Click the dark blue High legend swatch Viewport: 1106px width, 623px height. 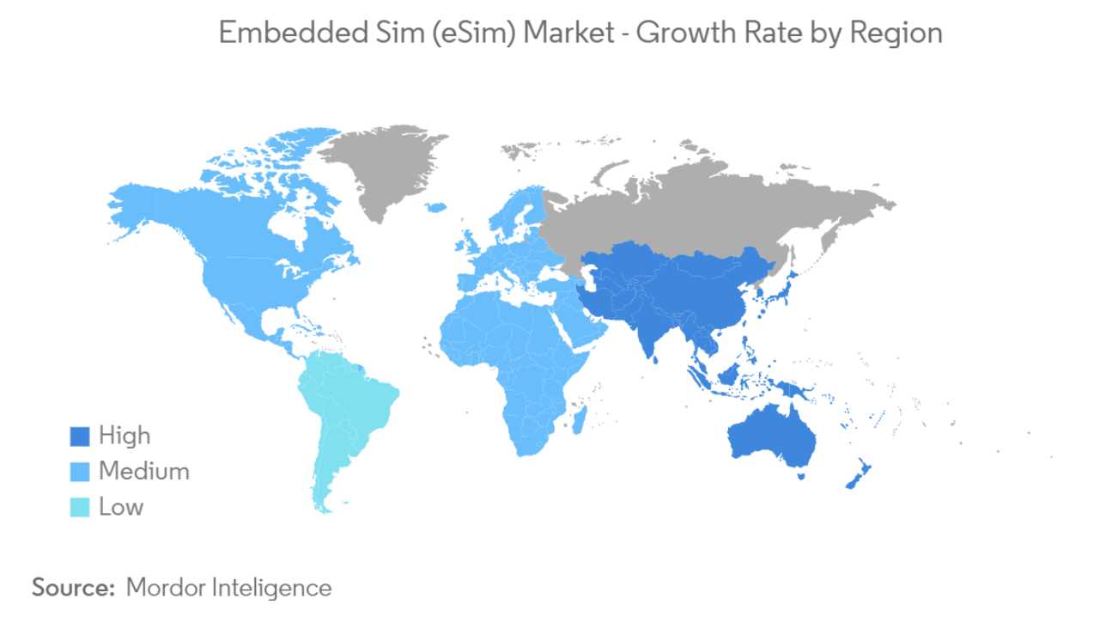coord(79,437)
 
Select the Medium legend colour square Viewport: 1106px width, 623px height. coord(79,472)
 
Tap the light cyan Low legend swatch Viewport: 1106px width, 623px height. coord(79,507)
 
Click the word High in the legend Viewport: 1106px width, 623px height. coord(125,436)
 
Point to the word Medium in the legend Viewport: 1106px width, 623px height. coord(143,471)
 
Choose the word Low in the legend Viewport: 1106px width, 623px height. coord(121,506)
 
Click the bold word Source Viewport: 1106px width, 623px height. coord(73,588)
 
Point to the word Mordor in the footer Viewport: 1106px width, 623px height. coord(164,588)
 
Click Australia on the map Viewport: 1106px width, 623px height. coord(769,438)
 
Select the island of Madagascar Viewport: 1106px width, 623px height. coord(581,419)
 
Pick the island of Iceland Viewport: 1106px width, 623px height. coord(436,207)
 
